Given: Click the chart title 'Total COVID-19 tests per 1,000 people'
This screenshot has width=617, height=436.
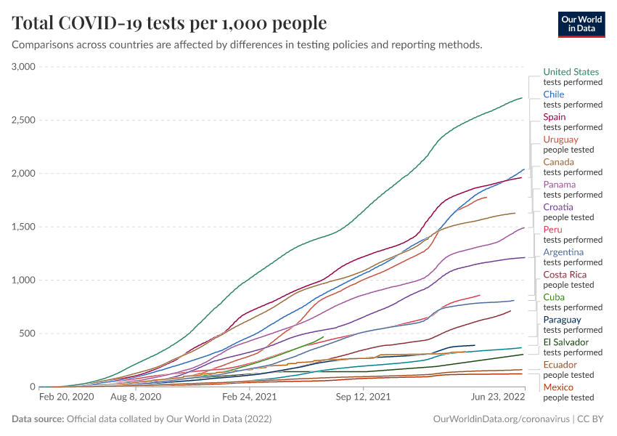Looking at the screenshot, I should [x=169, y=23].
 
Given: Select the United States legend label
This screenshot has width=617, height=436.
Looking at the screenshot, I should [x=571, y=72].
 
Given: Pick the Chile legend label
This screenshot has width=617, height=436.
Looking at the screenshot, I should [x=554, y=94].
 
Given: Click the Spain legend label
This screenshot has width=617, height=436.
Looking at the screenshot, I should [x=555, y=117].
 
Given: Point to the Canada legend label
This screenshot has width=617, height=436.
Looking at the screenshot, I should [x=559, y=162].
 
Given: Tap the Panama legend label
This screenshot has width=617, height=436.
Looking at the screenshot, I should [x=560, y=185].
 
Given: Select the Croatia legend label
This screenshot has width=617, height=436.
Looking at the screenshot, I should [x=558, y=207].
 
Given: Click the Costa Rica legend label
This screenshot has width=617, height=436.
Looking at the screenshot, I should [x=565, y=275].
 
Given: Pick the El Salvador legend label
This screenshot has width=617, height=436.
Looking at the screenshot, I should [x=566, y=342].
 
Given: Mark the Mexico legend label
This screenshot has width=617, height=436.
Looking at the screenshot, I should [x=558, y=387].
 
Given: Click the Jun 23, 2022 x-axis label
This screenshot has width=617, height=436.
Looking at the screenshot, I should [x=497, y=397].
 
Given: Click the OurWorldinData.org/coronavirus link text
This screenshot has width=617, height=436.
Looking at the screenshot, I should [x=501, y=419].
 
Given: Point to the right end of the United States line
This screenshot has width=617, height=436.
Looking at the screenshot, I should [x=522, y=97].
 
